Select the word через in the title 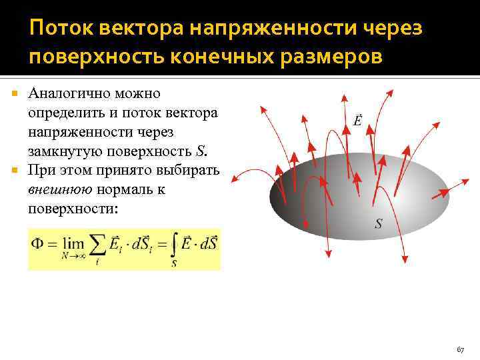click(x=389, y=29)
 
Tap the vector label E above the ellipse click(x=358, y=121)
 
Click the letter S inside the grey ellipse click(x=378, y=225)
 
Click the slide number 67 click(x=459, y=349)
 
